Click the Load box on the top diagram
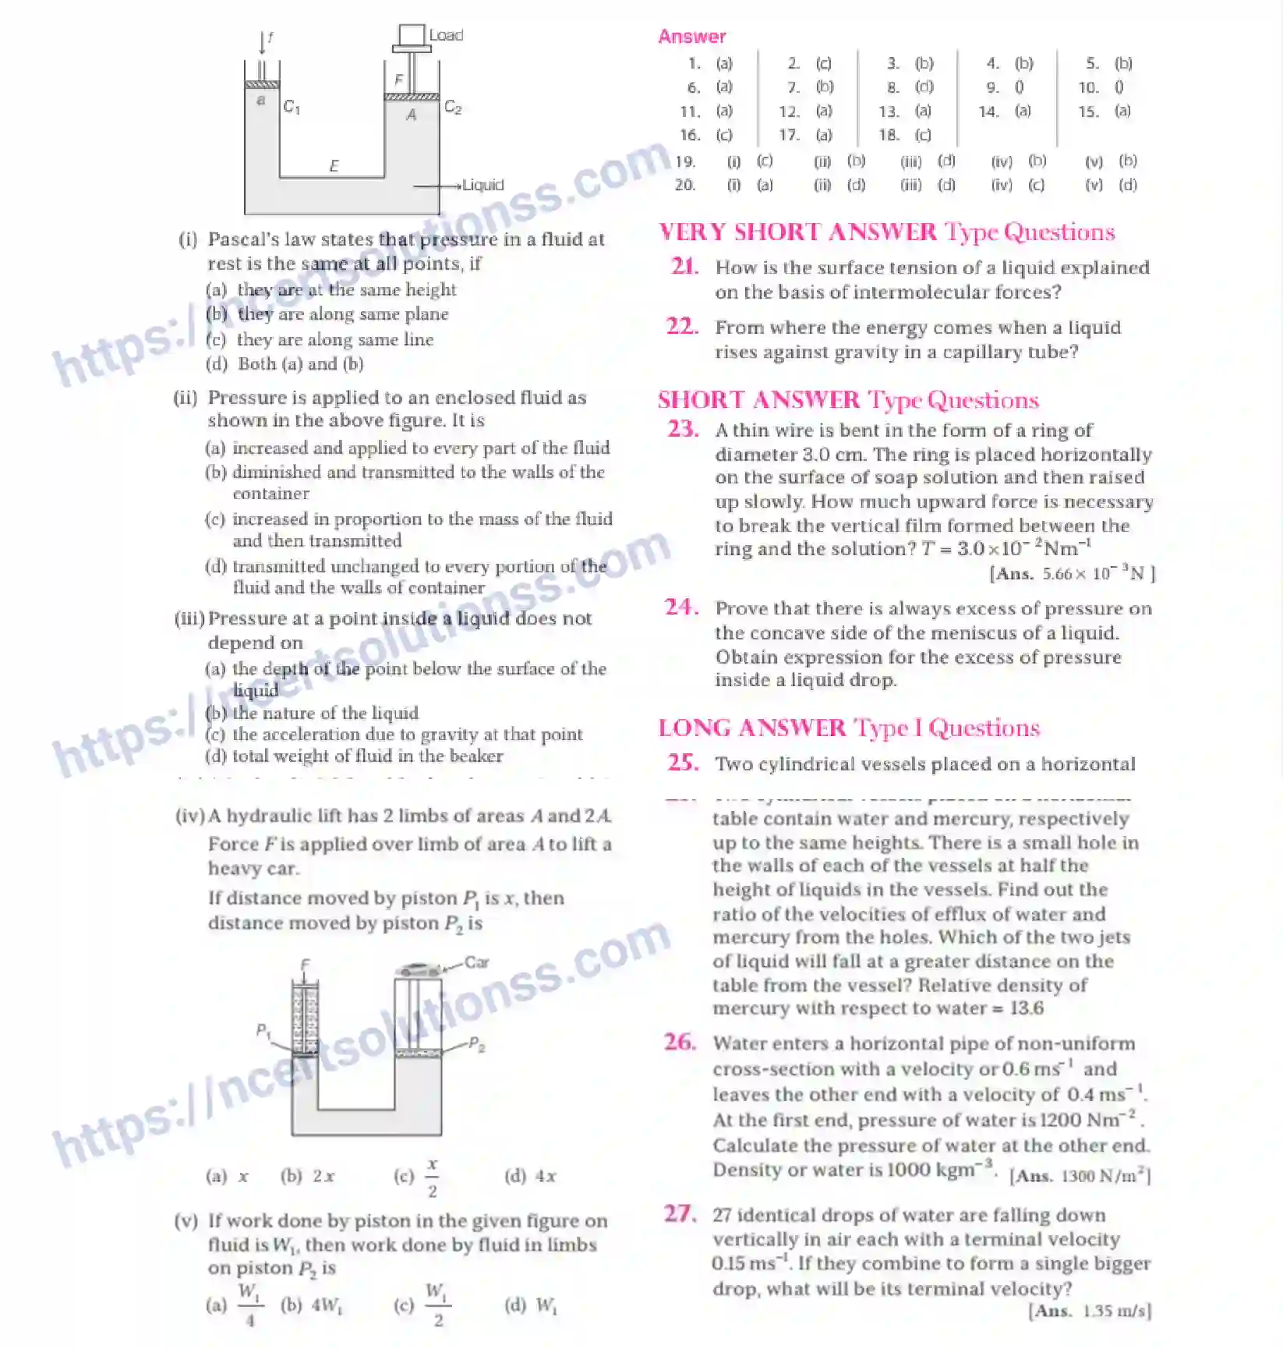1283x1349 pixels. click(x=412, y=35)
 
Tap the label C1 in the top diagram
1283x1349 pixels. click(x=292, y=106)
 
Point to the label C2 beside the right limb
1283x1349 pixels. click(x=453, y=107)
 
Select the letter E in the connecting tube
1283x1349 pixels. click(x=334, y=165)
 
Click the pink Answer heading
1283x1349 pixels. click(x=691, y=37)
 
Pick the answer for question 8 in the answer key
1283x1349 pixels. click(x=924, y=87)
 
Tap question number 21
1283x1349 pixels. click(x=684, y=267)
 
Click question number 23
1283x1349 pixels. click(x=683, y=429)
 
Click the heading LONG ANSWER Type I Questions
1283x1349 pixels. click(x=848, y=728)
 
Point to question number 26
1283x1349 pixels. click(x=680, y=1042)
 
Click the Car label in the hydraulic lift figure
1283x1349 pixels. click(x=476, y=962)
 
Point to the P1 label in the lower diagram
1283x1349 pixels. click(x=263, y=1030)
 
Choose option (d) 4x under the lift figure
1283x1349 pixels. click(x=531, y=1176)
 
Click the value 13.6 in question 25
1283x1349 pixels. click(x=1027, y=1008)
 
